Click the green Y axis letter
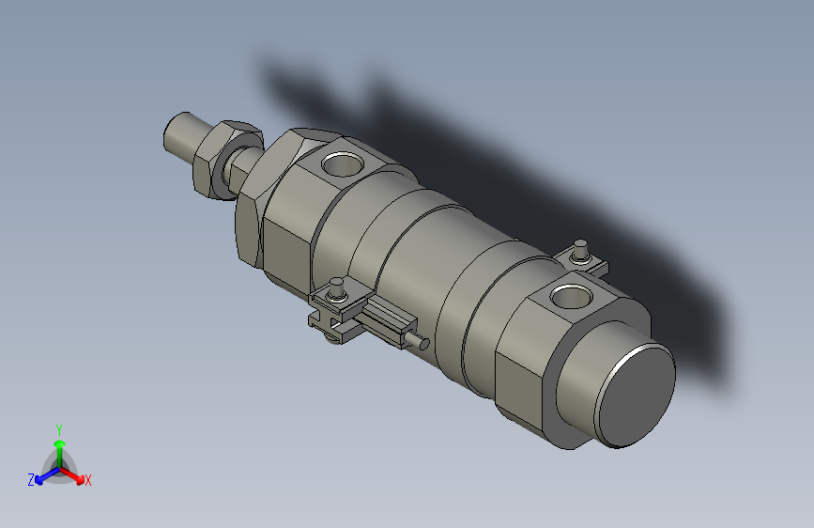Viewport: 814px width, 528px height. pos(59,428)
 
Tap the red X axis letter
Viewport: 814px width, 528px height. pos(88,481)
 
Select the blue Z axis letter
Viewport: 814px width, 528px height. pos(31,480)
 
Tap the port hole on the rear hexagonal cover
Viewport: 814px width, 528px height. pos(570,298)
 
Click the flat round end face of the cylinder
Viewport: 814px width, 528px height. pos(634,396)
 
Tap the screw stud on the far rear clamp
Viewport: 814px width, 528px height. pos(581,250)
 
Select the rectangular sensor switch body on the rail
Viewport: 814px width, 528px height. pos(385,320)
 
